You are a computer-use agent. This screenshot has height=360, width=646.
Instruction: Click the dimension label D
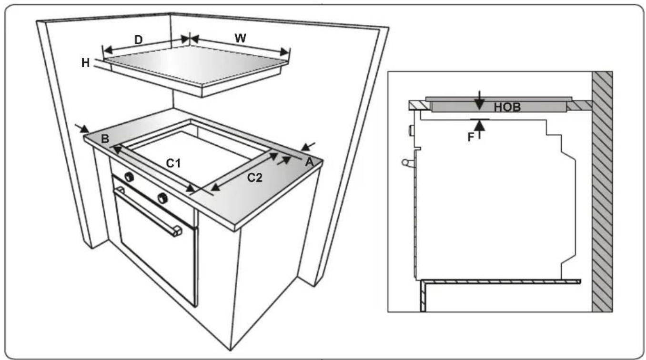pyautogui.click(x=138, y=40)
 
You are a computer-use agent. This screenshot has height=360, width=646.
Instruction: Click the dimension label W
pyautogui.click(x=241, y=39)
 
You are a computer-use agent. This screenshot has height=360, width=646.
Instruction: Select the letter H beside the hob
pyautogui.click(x=86, y=62)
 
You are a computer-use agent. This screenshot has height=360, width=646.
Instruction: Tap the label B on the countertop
pyautogui.click(x=105, y=139)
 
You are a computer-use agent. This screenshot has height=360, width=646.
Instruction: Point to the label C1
pyautogui.click(x=174, y=163)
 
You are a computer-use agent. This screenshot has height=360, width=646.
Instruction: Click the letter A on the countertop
pyautogui.click(x=309, y=162)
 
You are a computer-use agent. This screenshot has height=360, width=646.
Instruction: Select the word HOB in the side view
pyautogui.click(x=507, y=108)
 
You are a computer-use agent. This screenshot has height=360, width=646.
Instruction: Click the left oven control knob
pyautogui.click(x=129, y=178)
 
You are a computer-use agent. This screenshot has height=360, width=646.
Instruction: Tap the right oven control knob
pyautogui.click(x=163, y=197)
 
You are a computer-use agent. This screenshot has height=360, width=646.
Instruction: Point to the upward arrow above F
pyautogui.click(x=480, y=127)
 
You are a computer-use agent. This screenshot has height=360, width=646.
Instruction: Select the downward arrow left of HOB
pyautogui.click(x=480, y=105)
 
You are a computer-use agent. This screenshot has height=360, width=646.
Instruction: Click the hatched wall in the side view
pyautogui.click(x=602, y=190)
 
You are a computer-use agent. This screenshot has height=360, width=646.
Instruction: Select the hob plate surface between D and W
pyautogui.click(x=195, y=64)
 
